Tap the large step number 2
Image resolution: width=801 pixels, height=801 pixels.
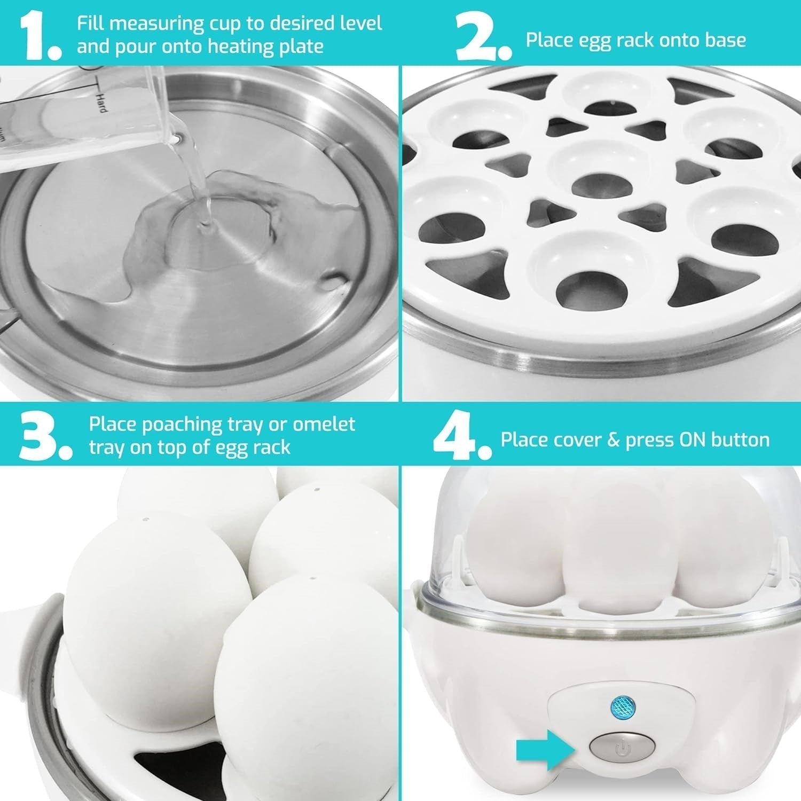point(478,33)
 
